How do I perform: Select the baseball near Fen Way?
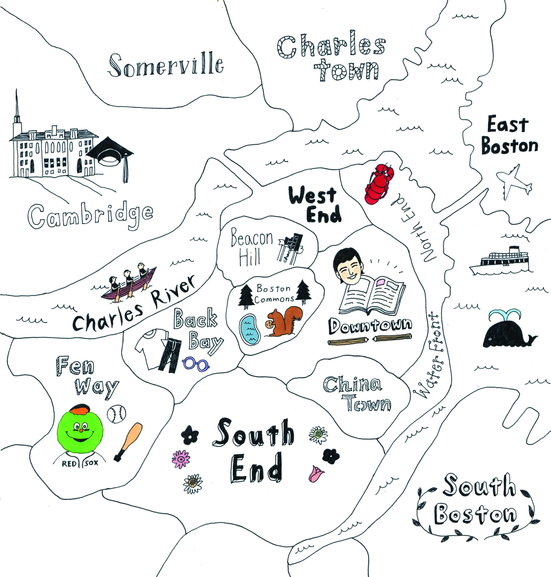click(x=116, y=414)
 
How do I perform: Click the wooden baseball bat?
click(x=128, y=442)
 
